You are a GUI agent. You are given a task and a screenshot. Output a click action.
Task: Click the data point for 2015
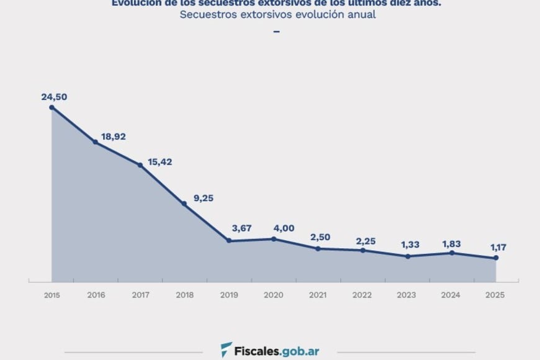click(52, 107)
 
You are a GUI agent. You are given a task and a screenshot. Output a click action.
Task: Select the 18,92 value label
click(114, 136)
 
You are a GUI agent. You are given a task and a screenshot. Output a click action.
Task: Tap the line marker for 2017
click(140, 165)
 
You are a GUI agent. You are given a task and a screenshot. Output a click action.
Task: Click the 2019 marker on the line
click(229, 241)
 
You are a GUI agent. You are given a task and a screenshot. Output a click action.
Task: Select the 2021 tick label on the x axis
click(318, 295)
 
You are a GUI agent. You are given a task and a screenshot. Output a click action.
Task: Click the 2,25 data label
click(366, 241)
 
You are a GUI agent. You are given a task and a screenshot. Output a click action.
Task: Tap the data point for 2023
click(407, 256)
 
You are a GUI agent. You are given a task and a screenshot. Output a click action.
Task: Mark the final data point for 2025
click(496, 258)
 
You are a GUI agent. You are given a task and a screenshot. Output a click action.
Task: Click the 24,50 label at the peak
click(54, 97)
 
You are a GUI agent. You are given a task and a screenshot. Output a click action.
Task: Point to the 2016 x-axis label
click(96, 295)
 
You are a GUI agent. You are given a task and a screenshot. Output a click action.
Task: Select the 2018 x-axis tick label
click(185, 295)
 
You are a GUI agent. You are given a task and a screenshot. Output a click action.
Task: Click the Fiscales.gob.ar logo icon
click(227, 349)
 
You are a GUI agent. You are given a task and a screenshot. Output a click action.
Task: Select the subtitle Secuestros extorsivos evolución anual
click(277, 14)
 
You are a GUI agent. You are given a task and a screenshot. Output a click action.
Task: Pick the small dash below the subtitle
click(277, 31)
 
